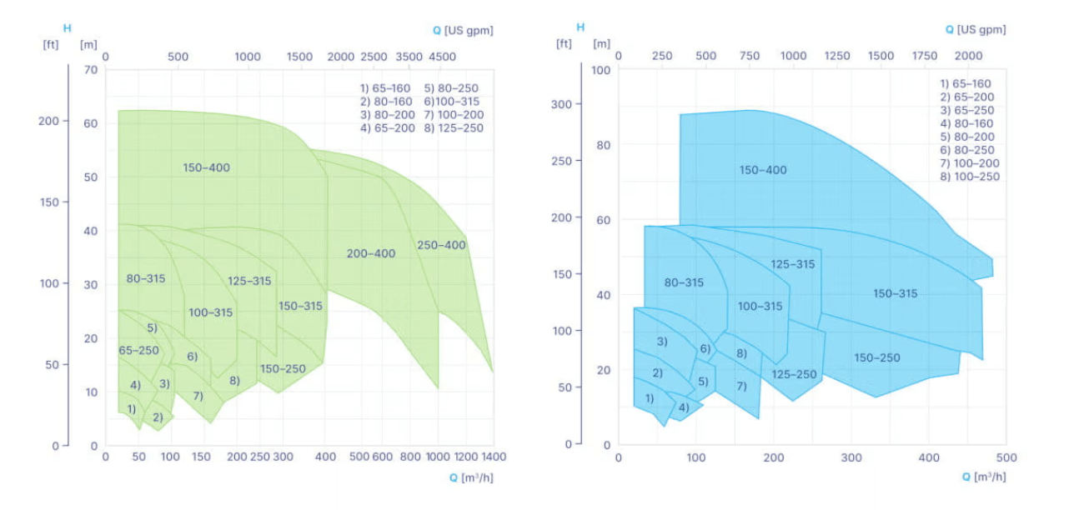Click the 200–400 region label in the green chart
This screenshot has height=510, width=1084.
coord(371,253)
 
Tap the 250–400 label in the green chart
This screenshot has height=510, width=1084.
coord(442,245)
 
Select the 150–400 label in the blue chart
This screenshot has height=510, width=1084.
coord(763,170)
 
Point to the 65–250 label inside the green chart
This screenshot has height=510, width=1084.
coord(138,350)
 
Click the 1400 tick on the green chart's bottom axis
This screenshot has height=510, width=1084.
coord(493,457)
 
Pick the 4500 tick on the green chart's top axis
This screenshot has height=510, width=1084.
coord(442,57)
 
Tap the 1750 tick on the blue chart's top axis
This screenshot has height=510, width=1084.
coord(924,56)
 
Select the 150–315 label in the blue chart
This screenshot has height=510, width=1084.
coord(896,293)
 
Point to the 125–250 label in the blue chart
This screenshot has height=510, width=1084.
coord(794,374)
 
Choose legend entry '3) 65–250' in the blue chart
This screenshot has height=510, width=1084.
coord(967,110)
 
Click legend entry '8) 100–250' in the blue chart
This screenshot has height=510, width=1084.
coord(970,177)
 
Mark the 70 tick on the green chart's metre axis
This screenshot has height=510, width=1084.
coord(91,70)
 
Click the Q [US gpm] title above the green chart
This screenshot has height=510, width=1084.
coord(463,31)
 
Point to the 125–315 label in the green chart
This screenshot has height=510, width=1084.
coord(249,281)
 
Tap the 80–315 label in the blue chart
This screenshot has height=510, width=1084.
coord(684,282)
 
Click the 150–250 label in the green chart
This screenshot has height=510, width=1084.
coord(283,368)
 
